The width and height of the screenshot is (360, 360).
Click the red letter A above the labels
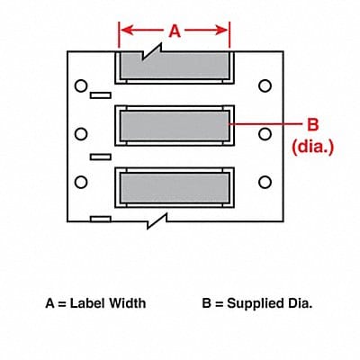coord(175,31)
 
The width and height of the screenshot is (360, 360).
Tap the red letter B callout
coord(313,124)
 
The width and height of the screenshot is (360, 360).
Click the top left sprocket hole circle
coord(81,87)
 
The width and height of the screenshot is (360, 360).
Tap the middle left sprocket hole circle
coord(81,134)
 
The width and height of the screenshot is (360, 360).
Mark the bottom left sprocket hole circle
coord(81,181)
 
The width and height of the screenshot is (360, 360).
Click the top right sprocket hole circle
coord(265,87)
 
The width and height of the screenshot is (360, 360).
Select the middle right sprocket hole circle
coord(265,134)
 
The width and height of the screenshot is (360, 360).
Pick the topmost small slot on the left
coord(100,94)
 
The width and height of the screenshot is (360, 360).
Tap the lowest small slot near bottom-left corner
coord(100,218)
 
